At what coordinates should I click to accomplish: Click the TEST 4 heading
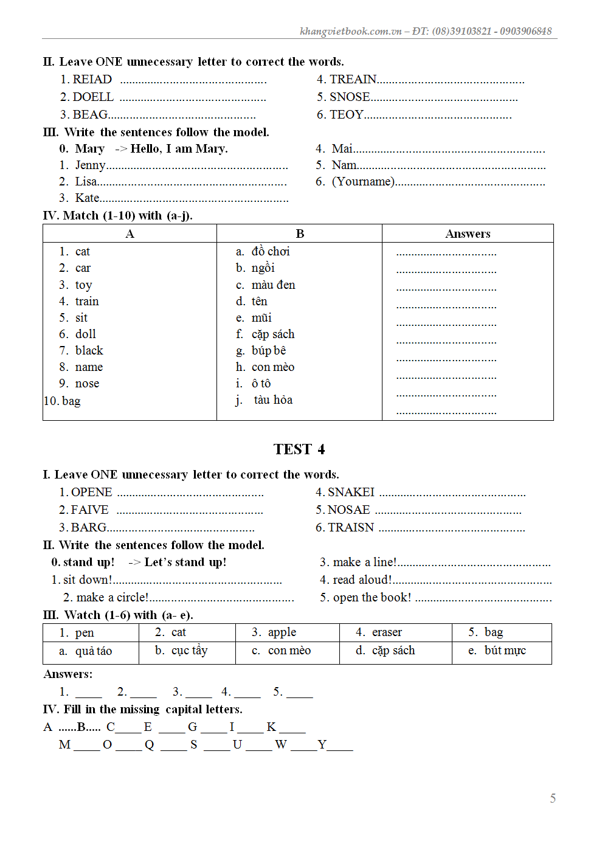pos(299,449)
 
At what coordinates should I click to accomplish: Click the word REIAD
pos(92,80)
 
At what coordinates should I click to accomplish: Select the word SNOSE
pos(350,97)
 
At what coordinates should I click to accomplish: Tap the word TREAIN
pos(353,80)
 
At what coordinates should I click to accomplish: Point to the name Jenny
pos(90,165)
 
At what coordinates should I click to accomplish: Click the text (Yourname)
pos(363,182)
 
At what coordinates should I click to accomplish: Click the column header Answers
pos(468,234)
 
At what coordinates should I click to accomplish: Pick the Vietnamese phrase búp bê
pos(269,351)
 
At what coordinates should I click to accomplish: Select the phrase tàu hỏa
pos(273,400)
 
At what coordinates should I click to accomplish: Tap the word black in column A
pos(89,351)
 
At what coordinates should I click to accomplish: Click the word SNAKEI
pos(351,493)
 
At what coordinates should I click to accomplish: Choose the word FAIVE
pos(89,510)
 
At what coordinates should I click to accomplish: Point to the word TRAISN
pos(351,528)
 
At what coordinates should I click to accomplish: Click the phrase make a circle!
pos(112,598)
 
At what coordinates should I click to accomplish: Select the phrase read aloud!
pos(362,580)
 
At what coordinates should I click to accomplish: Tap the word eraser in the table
pos(387,632)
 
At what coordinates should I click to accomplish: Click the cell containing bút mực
pos(505,651)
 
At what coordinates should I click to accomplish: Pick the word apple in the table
pos(282,632)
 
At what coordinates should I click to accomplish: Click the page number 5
pos(553,798)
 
